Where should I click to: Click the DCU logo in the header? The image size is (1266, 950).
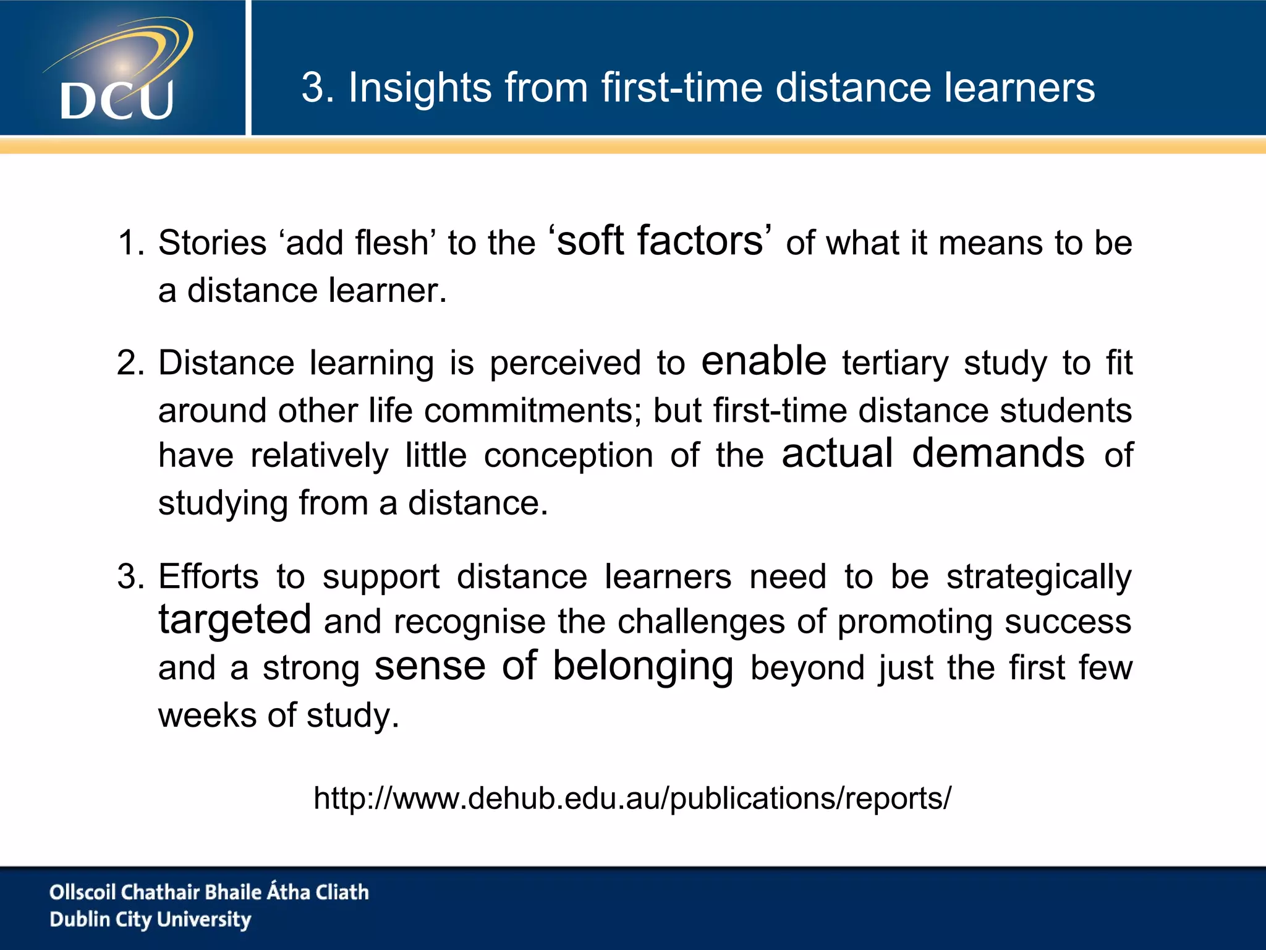tap(117, 71)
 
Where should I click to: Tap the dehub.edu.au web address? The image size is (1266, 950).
tap(632, 798)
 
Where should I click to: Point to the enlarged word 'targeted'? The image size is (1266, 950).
tap(235, 620)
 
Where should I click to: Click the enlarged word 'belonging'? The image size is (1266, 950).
tap(643, 667)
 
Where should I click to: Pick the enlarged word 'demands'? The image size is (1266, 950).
tap(998, 453)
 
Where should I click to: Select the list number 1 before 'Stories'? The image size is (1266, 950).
tap(130, 242)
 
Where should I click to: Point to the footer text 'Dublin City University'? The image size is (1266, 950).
tap(150, 920)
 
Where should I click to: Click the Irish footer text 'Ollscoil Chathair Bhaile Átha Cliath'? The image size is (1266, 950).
tap(209, 892)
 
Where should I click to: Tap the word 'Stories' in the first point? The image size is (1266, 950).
tap(212, 242)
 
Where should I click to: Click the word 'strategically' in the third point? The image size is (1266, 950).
tap(1039, 578)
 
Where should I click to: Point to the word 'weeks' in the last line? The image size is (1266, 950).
tap(206, 716)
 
